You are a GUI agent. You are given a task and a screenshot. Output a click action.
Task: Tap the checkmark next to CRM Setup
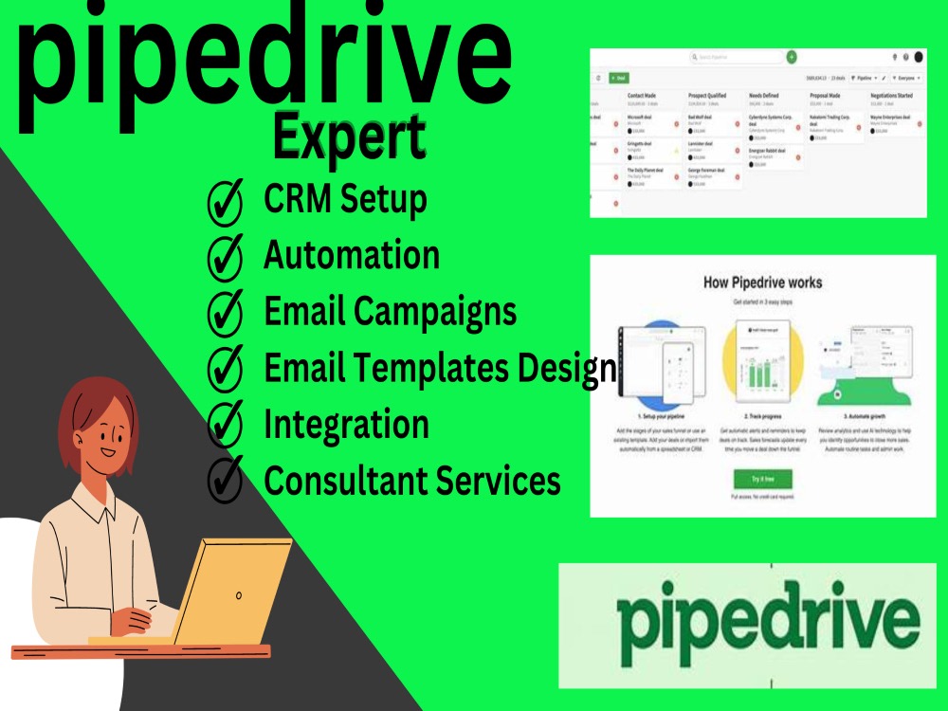(225, 201)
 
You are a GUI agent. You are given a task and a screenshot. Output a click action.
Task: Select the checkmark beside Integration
(225, 425)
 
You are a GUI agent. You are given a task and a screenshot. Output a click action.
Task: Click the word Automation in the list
(351, 256)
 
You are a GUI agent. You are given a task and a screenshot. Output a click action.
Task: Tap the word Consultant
(346, 481)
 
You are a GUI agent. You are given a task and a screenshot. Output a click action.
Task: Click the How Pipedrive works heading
(762, 283)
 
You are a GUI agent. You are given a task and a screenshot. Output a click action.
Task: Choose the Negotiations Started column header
(899, 95)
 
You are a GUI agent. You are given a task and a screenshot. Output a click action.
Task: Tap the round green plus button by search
(792, 57)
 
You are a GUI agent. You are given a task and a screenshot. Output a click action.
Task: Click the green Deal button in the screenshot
(618, 78)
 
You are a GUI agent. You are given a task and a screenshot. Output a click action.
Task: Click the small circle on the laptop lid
(239, 595)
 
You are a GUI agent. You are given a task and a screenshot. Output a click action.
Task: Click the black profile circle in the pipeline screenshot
(918, 57)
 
